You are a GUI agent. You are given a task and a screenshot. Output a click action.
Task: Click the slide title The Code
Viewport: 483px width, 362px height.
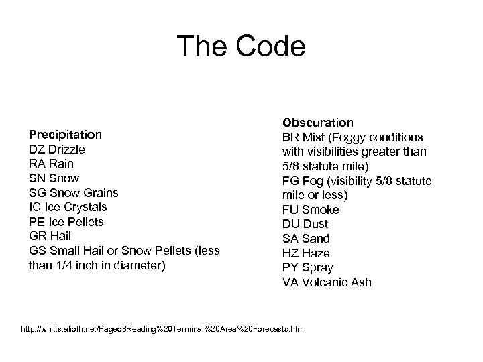coord(241,47)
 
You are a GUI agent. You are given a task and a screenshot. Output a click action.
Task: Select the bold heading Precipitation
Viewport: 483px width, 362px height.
coord(65,134)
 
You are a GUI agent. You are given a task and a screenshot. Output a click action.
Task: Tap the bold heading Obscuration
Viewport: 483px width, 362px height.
coord(318,123)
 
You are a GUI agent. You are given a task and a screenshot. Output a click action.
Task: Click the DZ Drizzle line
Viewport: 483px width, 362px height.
coord(57,149)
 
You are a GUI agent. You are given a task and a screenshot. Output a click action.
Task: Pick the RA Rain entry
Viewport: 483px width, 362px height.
coord(52,164)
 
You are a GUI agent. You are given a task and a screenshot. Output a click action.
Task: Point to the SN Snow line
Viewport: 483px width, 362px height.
coord(54,178)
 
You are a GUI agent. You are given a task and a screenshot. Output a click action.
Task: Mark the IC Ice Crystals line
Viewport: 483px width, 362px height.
coord(68,207)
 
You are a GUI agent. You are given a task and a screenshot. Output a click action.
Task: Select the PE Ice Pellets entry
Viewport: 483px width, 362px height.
coord(66,222)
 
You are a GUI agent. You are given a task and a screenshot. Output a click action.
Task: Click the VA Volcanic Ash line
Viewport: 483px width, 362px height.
coord(327,282)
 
